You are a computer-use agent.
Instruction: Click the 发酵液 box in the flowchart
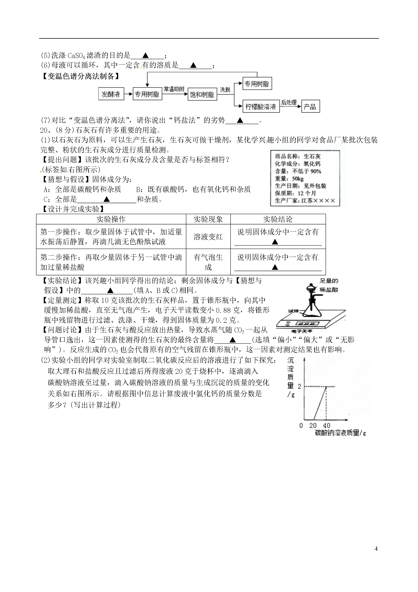[x=111, y=94]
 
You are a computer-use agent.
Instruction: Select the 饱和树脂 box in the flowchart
[x=202, y=94]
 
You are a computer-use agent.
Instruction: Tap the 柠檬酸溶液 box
[x=261, y=106]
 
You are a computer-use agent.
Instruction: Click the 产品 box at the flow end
[x=310, y=106]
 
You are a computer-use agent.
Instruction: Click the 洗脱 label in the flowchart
[x=225, y=89]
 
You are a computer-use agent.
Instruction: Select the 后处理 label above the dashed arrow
[x=289, y=102]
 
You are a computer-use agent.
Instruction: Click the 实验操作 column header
[x=111, y=219]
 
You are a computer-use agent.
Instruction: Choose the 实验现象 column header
[x=208, y=219]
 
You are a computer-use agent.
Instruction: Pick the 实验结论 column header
[x=278, y=219]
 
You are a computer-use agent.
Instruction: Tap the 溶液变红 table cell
[x=208, y=237]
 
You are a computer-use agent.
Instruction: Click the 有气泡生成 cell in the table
[x=208, y=262]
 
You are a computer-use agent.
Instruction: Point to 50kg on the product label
[x=298, y=178]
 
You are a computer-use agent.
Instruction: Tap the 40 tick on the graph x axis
[x=327, y=425]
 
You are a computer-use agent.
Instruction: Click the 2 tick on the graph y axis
[x=299, y=386]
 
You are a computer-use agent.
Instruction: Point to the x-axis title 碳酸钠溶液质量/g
[x=340, y=433]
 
